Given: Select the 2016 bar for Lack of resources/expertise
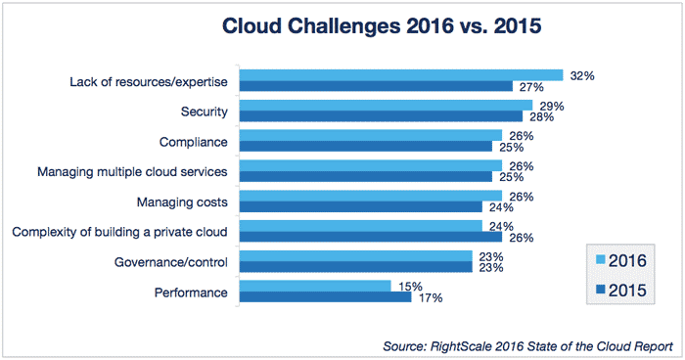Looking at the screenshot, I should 401,75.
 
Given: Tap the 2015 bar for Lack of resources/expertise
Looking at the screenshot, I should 377,86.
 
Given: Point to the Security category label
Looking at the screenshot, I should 205,112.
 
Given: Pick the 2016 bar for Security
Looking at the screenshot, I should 387,105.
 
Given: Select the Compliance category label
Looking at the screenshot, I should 193,142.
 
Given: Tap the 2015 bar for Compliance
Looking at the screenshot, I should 366,147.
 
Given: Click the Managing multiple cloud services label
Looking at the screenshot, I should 132,172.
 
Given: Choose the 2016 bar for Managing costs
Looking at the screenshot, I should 371,196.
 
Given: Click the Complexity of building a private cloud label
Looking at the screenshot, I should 119,232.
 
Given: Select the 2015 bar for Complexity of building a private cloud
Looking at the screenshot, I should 371,237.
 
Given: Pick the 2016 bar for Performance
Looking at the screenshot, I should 315,286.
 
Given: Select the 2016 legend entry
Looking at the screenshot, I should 616,261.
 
